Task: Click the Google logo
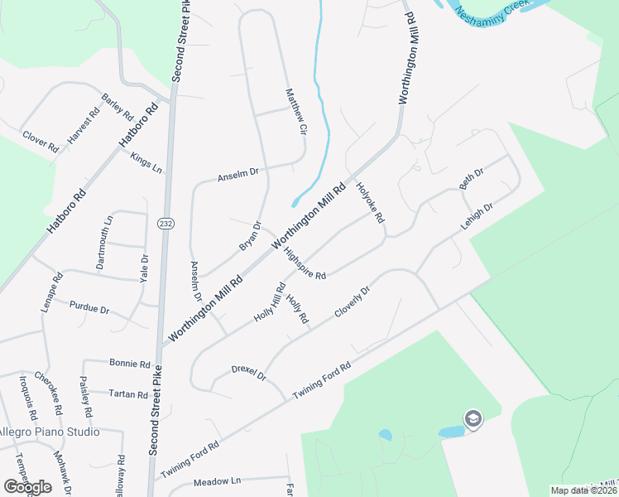[27, 486]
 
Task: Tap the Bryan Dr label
[250, 236]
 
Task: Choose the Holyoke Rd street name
[370, 203]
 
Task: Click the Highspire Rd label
[305, 263]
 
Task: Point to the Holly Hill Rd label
[270, 303]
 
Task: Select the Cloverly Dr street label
[352, 302]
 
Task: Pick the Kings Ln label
[146, 161]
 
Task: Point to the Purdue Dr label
[89, 308]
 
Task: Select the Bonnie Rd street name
[129, 363]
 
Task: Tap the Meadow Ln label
[217, 481]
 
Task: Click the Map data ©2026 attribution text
[583, 490]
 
